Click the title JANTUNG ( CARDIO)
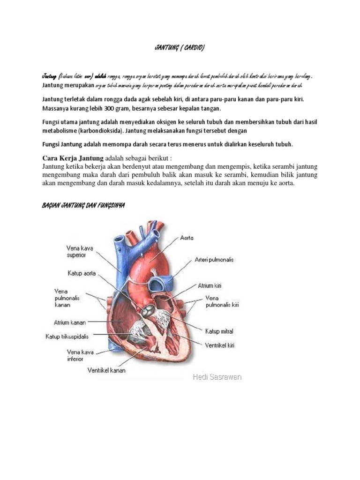[x=180, y=47]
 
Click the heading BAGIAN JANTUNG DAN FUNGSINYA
[x=83, y=206]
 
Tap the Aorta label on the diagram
[x=187, y=238]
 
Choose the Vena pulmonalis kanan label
[x=62, y=298]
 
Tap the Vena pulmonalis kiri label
[x=222, y=301]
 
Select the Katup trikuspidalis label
[x=67, y=336]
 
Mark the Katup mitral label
[x=219, y=331]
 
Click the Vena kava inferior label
[x=68, y=355]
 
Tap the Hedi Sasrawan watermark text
[x=217, y=377]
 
